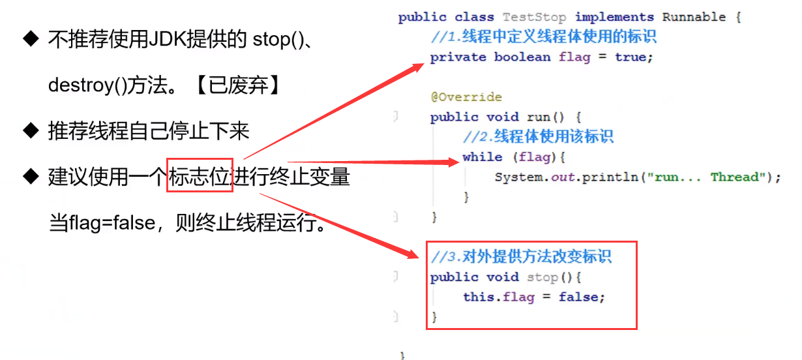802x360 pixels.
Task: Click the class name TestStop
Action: click(x=535, y=17)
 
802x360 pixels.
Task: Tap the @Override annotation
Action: click(x=466, y=97)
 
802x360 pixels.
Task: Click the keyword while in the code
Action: click(x=483, y=157)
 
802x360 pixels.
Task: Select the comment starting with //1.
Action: click(x=543, y=37)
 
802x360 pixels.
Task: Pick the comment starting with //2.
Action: click(x=538, y=137)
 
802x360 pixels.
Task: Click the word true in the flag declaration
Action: click(x=631, y=57)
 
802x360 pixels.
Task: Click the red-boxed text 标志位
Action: click(x=200, y=176)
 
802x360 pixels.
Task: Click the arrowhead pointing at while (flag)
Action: click(x=454, y=162)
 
